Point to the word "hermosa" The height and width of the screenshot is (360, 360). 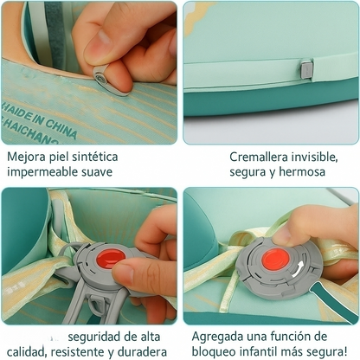click(296, 172)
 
